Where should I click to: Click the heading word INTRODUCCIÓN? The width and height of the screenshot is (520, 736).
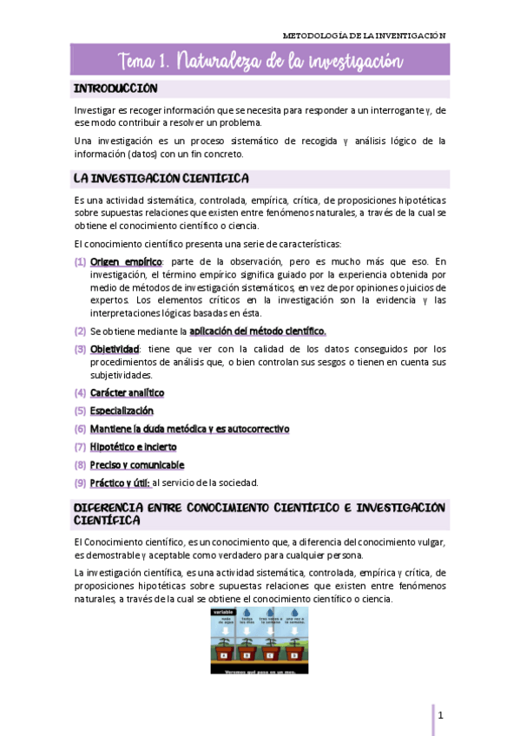[x=115, y=89]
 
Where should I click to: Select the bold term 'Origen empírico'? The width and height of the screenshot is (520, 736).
[x=114, y=261]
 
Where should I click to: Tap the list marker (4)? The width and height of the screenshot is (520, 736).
[x=80, y=393]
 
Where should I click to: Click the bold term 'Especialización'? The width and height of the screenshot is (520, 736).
[x=122, y=411]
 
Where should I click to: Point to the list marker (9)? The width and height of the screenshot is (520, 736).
[x=80, y=483]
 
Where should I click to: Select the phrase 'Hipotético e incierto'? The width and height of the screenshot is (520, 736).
[x=133, y=447]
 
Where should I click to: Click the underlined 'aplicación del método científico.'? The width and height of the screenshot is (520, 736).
[x=257, y=331]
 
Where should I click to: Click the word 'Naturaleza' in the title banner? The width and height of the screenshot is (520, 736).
[x=230, y=61]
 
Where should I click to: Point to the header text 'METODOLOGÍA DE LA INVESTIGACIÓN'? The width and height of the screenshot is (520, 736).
[x=365, y=36]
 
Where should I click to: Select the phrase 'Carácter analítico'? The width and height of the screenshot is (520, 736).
[x=127, y=393]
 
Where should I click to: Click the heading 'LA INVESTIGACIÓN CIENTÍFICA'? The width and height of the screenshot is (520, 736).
[x=161, y=179]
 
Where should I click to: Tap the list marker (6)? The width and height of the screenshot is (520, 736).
[x=80, y=429]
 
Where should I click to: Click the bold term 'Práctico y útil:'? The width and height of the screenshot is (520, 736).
[x=121, y=483]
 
